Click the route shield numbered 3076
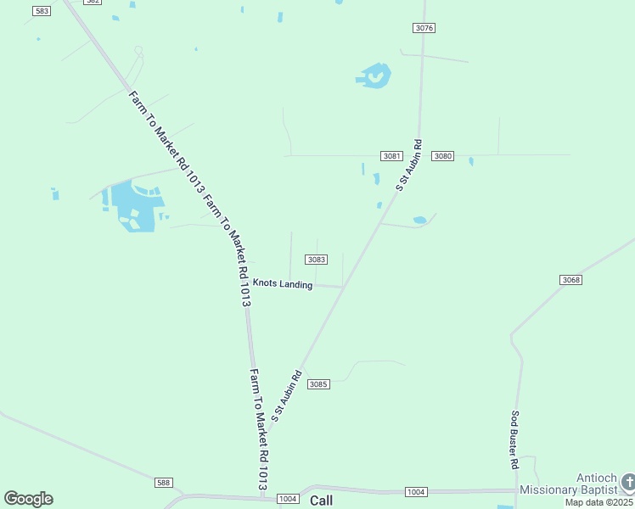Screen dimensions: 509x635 [x=424, y=28]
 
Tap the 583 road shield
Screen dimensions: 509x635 [x=41, y=10]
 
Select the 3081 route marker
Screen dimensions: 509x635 [x=391, y=156]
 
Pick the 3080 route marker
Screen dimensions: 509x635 [x=443, y=156]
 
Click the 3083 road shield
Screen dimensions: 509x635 [x=316, y=260]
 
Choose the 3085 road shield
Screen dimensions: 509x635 [x=318, y=384]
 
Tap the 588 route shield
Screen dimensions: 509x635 [x=164, y=482]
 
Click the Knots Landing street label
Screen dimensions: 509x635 [x=283, y=284]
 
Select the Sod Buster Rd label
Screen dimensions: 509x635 [x=514, y=440]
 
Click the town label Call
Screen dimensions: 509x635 [x=322, y=501]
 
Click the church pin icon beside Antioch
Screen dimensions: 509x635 [x=627, y=482]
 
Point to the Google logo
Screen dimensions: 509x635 [x=28, y=499]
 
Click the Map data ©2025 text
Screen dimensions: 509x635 [x=599, y=502]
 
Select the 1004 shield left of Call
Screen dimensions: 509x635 [x=288, y=499]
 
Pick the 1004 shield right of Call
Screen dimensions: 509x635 [x=415, y=492]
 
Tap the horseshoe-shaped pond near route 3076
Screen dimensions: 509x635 [x=374, y=76]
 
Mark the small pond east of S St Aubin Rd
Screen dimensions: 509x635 [x=419, y=221]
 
